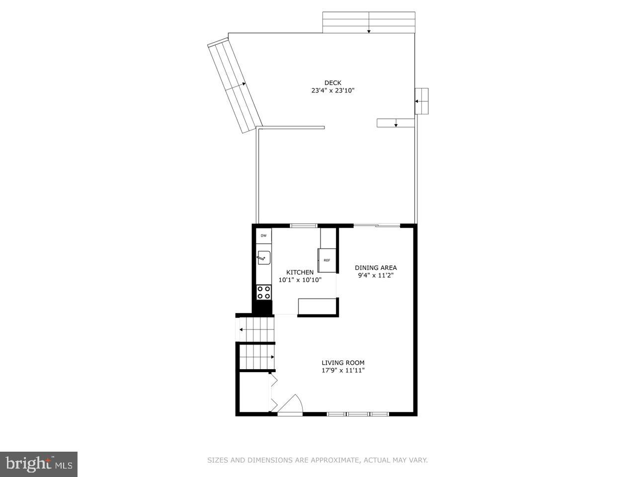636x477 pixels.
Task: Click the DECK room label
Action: (x=332, y=83)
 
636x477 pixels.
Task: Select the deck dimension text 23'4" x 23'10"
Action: (x=332, y=91)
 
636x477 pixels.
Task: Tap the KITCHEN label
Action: (x=300, y=272)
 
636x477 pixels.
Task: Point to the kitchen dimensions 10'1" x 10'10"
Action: (x=300, y=280)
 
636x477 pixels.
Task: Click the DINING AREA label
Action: (x=376, y=268)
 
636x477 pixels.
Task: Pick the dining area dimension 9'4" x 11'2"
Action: (x=376, y=275)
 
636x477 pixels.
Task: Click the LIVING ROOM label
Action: (x=343, y=363)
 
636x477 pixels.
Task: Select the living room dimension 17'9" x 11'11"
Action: (x=343, y=370)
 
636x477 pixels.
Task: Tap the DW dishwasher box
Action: (x=264, y=236)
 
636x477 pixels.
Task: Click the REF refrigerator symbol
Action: (x=326, y=260)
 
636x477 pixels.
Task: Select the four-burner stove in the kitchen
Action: (x=264, y=292)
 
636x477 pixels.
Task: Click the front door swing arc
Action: (x=292, y=402)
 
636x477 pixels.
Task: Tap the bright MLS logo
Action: (x=38, y=465)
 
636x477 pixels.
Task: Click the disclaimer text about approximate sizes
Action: (x=317, y=461)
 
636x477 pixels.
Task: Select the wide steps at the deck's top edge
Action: (x=369, y=22)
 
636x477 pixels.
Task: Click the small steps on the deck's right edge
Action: (x=421, y=101)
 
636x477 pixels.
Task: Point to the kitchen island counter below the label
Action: (x=317, y=307)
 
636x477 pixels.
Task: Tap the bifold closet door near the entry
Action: (x=273, y=393)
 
